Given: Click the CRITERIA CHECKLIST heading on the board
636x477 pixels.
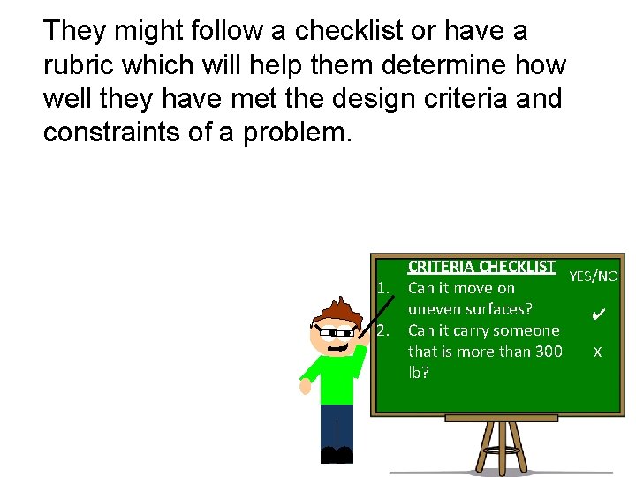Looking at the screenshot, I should (481, 266).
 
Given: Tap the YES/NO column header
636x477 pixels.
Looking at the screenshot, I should (593, 276).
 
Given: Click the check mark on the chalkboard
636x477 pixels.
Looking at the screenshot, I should (598, 314).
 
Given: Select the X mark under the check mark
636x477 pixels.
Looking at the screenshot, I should (598, 352).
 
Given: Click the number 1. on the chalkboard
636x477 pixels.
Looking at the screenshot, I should (383, 288).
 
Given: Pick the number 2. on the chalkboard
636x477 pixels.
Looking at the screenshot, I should (383, 330).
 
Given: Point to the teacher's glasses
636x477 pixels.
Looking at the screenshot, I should (334, 333).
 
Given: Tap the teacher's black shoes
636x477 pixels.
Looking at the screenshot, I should (337, 455).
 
